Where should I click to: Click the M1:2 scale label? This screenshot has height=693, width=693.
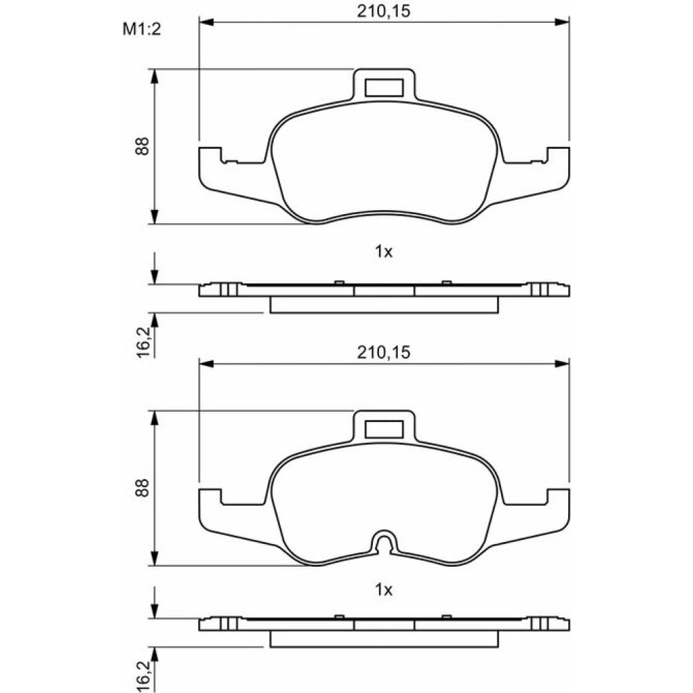coord(141,29)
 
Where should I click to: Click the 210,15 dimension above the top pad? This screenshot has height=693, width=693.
coord(384,11)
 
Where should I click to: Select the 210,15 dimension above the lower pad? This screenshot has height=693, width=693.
coord(384,353)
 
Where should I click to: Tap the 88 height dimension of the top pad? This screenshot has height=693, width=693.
coord(142,146)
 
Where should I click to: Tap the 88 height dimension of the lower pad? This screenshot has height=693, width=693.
coord(142,488)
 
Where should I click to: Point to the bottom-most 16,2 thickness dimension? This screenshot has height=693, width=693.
coord(143,677)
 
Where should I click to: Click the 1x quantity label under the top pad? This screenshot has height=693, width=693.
coord(384,252)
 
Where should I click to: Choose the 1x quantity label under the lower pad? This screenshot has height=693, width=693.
coord(384,590)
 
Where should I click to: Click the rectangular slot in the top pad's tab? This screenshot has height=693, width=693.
coord(384,87)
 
